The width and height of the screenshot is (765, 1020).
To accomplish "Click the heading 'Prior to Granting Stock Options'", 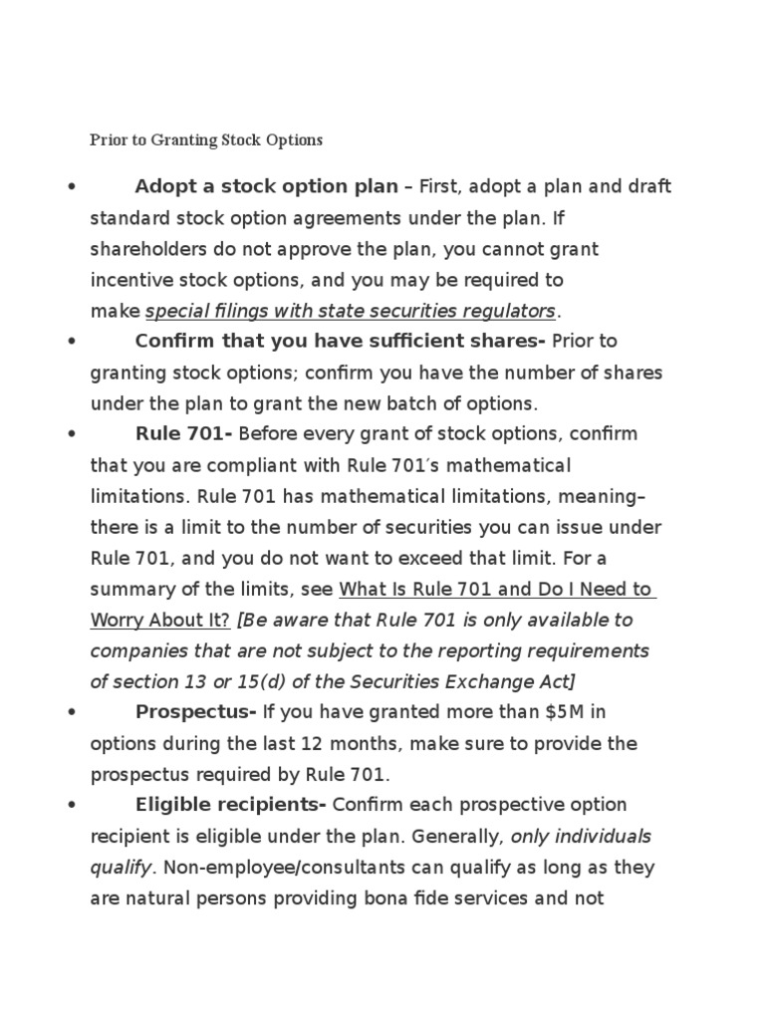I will coord(206,139).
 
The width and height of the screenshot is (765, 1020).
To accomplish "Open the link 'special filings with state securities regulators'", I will coord(351,311).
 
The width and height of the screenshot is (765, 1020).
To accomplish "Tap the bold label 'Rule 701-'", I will coord(184,434).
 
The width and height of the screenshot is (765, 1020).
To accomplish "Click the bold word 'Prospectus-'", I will coord(195,711).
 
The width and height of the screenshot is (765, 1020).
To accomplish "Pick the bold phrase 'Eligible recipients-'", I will coord(231,805).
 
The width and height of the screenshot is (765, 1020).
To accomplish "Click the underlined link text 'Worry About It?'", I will coord(160,620).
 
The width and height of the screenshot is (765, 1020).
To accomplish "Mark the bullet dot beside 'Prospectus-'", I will coord(72,712).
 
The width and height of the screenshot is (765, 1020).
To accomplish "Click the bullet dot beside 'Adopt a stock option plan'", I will coord(72,187).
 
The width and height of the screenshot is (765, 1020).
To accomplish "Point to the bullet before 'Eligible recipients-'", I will coord(72,806).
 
